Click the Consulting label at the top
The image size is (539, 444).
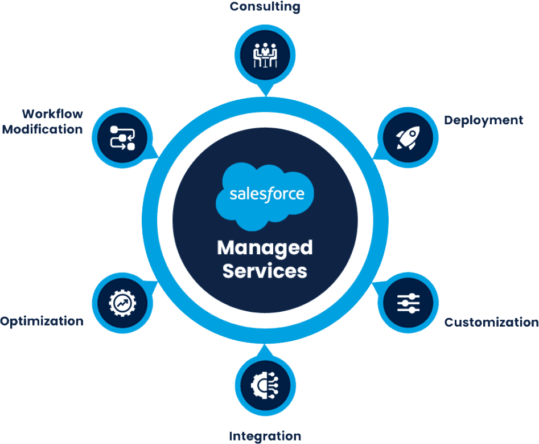265,7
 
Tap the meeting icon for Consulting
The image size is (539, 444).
265,55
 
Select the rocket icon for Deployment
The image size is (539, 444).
408,137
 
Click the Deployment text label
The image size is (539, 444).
483,120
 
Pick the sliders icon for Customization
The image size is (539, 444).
408,303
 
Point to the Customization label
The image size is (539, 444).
491,322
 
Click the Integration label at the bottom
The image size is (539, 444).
265,437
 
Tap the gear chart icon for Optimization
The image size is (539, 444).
122,303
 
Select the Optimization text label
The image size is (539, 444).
42,321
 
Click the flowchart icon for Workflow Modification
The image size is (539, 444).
122,137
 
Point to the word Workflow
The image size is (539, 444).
52,114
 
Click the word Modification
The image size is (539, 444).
43,129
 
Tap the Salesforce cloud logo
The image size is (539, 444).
265,193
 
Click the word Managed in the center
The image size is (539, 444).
265,248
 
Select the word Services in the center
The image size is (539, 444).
265,270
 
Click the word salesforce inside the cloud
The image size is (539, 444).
266,194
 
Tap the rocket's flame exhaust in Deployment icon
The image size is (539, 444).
399,145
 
